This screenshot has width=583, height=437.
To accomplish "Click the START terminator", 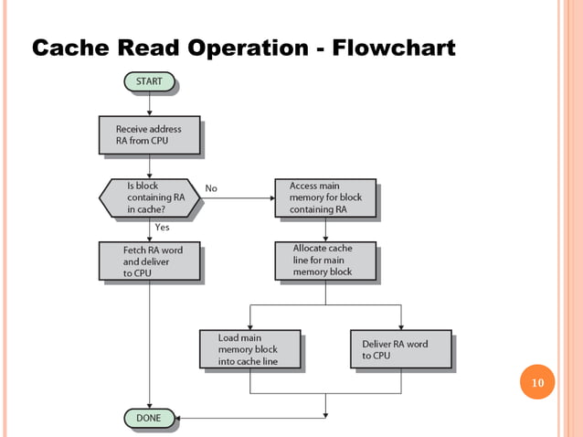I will tap(149, 82).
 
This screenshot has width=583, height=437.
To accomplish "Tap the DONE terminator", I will tap(148, 418).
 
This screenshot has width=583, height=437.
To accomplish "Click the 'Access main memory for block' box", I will tap(323, 197).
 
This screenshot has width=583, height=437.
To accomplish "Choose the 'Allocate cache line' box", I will tap(324, 261).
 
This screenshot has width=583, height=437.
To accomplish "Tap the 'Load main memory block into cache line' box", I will tap(249, 349).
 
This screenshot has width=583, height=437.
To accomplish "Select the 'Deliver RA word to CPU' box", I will tap(399, 349).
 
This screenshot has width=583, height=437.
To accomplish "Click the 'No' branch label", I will tap(211, 188).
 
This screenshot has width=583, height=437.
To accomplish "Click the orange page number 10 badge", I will tap(536, 382).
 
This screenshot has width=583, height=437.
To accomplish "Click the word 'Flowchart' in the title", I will tap(394, 47).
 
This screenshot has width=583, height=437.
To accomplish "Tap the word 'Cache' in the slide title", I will tap(69, 47).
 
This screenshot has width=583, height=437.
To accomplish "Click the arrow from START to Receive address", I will tap(149, 103).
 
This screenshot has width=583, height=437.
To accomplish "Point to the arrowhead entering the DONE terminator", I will tap(182, 418).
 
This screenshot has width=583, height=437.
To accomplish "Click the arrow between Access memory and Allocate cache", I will tap(324, 229).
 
